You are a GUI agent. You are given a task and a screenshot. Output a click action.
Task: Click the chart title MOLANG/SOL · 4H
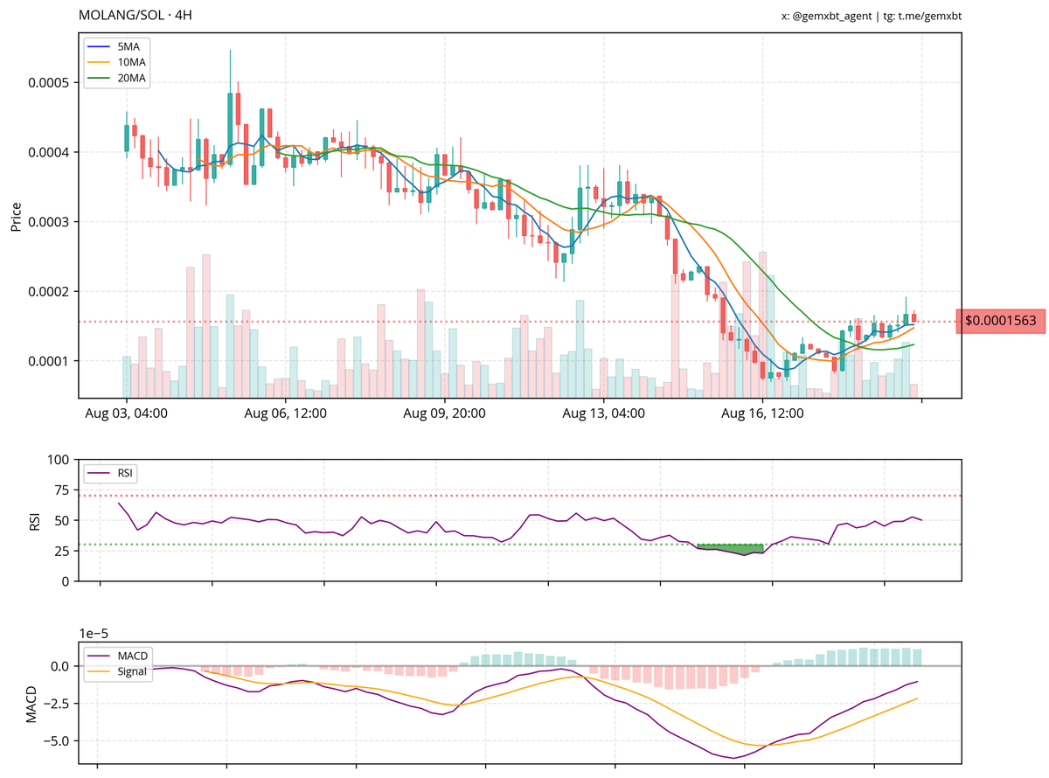coord(135,16)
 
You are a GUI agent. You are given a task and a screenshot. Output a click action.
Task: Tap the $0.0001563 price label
coord(1000,322)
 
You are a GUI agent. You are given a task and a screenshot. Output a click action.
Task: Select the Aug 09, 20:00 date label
coord(445,412)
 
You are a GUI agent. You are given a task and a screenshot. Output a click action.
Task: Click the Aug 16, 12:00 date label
coord(763,412)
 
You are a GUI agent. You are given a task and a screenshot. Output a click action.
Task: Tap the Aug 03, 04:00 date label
coord(126,412)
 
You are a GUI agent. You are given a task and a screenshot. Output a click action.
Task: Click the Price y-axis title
coord(16,216)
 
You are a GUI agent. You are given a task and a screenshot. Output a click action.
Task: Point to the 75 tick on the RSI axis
coord(60,490)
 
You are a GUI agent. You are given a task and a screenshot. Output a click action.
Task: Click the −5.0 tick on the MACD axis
coord(53,740)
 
